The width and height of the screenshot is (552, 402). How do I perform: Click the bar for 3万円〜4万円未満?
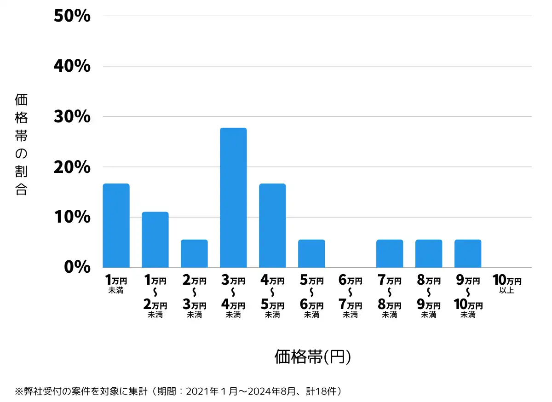(x=233, y=198)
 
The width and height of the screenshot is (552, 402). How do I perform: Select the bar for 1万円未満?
(x=116, y=225)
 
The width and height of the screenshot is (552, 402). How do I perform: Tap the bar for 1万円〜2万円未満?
(x=155, y=240)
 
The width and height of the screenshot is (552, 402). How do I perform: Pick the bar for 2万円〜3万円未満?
(x=194, y=253)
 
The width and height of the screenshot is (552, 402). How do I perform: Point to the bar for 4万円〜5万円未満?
(x=272, y=225)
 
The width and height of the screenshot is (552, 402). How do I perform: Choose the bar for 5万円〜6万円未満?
(x=311, y=253)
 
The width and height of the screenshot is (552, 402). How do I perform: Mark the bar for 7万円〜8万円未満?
(x=390, y=253)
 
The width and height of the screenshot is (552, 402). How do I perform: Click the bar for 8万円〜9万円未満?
(x=429, y=253)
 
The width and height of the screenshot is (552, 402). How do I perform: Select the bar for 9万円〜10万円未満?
(x=468, y=253)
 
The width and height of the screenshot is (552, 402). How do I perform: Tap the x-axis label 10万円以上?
(x=507, y=284)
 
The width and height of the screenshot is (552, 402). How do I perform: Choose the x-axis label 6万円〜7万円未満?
(x=351, y=297)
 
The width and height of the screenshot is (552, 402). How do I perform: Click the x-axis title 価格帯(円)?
(x=313, y=357)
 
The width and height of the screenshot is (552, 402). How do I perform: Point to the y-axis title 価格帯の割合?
(x=21, y=144)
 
